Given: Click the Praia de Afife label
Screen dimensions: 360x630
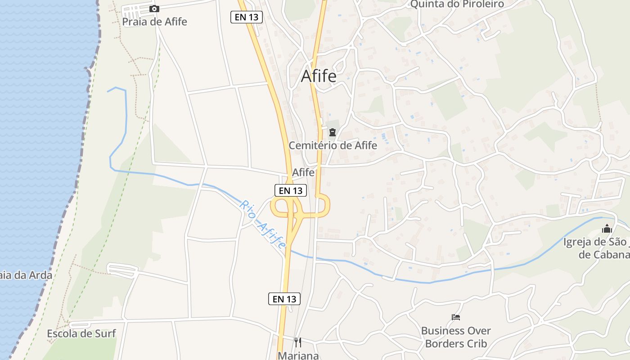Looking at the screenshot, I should tap(154, 22).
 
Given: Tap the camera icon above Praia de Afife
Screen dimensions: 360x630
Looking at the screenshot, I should tap(154, 9).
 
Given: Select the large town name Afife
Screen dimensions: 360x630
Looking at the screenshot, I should tap(318, 76).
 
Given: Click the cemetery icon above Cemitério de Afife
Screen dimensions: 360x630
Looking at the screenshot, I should tap(333, 132).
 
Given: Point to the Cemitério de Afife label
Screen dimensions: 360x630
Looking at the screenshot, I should tap(333, 145).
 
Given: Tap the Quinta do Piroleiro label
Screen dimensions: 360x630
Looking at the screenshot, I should tap(457, 4).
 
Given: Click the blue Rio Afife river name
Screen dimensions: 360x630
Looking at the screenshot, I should tap(263, 225).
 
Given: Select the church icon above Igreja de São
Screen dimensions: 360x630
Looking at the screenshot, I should tap(607, 229).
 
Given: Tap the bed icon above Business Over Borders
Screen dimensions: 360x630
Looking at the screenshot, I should tap(456, 317).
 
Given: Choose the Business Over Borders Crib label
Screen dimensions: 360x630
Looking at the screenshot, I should tap(456, 337).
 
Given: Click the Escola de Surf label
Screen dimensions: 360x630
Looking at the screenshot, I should tap(81, 333).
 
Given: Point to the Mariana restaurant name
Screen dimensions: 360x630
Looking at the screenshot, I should tap(298, 355).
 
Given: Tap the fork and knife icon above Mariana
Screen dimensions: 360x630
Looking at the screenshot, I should tap(297, 342).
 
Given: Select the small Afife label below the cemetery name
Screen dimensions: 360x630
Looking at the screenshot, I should tap(303, 172).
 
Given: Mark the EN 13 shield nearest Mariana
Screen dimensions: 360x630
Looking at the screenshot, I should tap(284, 298).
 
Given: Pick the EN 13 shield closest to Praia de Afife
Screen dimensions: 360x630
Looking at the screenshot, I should tap(246, 18).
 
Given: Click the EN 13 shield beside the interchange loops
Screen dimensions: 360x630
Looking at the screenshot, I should tap(291, 190).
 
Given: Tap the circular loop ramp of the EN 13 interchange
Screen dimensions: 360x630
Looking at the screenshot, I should tap(279, 208).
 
